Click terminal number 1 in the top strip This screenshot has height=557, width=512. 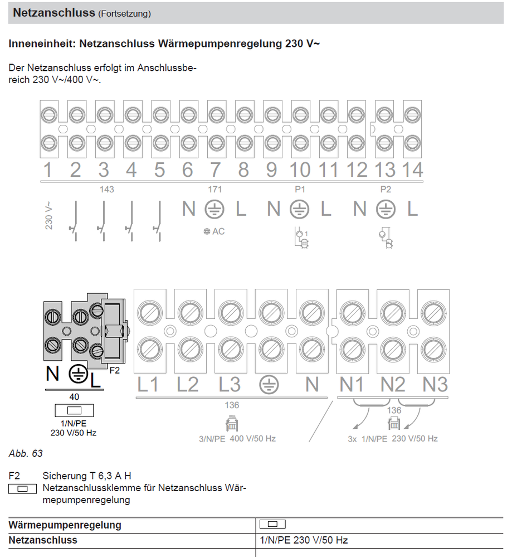coord(47,169)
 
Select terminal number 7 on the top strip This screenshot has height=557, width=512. coord(215,169)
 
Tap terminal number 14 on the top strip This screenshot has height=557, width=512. coord(412,169)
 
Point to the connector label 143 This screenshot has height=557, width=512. coord(106,190)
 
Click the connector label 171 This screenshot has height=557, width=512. coord(214,190)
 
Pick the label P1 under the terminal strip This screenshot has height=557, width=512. coord(300,190)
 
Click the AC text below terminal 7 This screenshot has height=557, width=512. coord(218,231)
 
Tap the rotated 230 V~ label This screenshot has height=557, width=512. coord(48,216)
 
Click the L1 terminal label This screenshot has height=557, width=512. coord(148,385)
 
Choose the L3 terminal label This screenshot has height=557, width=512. coord(229,385)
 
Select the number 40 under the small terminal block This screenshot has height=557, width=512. coord(74,397)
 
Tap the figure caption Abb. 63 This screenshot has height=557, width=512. coord(26,453)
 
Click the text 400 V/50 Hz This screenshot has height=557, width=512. coord(252,439)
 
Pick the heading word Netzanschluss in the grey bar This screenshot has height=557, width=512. coord(54,12)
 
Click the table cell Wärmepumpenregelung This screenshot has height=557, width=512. coord(65,525)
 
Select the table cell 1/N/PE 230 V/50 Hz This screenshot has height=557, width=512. coord(304,540)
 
